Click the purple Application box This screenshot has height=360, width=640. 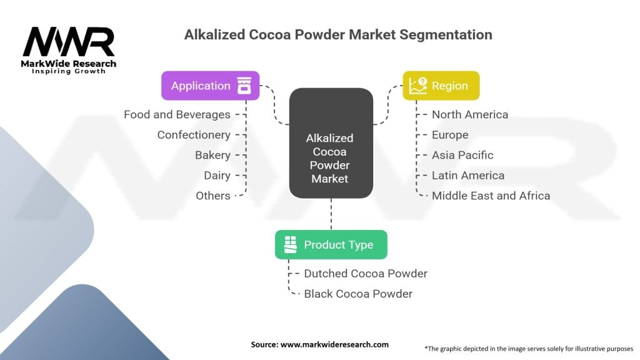tap(210, 86)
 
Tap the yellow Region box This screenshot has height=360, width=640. tap(441, 86)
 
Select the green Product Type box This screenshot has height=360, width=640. tap(331, 244)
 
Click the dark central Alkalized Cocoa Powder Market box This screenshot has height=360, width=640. tap(331, 143)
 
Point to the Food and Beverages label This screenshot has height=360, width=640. tap(177, 115)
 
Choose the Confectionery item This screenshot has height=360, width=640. tap(194, 135)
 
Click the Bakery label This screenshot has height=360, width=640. tap(212, 155)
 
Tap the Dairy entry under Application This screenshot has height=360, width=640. tap(217, 176)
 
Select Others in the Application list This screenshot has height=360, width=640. tap(213, 196)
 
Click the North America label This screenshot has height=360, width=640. tap(470, 115)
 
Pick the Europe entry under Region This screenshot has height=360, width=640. tap(450, 135)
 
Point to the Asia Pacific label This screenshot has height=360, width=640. tap(462, 155)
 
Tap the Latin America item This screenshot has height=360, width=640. tap(468, 176)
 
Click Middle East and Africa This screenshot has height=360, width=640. tap(491, 196)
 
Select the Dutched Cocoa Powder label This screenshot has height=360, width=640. tap(366, 274)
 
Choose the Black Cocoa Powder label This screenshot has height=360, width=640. tap(358, 294)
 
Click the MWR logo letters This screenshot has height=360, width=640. tap(69, 42)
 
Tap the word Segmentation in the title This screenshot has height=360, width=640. tap(446, 35)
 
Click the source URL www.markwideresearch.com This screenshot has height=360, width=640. tap(334, 344)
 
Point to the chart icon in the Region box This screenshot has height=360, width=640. tap(418, 86)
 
